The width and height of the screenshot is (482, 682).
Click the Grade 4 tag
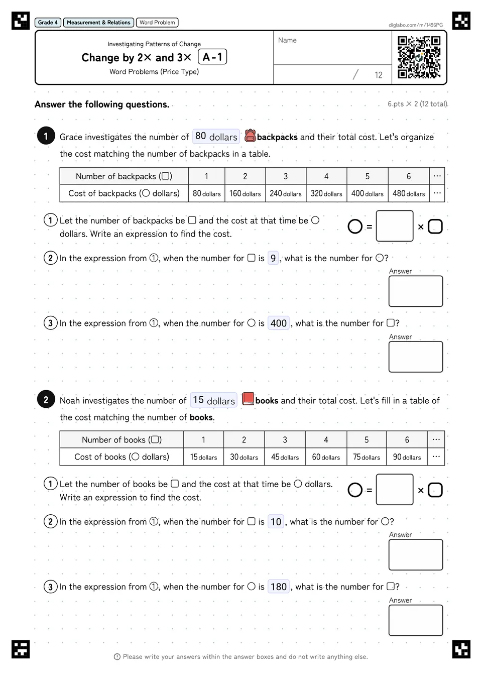point(48,23)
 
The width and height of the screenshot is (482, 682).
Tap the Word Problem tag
point(157,23)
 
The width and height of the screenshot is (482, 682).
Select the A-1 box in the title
point(212,57)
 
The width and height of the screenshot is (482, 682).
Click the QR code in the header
point(419,57)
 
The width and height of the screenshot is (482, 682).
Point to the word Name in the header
point(287,40)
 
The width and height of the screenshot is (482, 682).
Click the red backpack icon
point(250,136)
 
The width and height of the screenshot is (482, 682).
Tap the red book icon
point(248,399)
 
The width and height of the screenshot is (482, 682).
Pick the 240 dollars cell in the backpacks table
point(286,193)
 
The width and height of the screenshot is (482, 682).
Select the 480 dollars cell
point(409,193)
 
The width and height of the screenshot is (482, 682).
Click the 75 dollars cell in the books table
point(367,457)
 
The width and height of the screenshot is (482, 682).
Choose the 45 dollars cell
point(285,457)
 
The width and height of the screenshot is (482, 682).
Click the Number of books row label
point(122,439)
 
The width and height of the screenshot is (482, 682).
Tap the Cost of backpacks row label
point(124,193)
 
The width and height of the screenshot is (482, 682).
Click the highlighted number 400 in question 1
point(279,323)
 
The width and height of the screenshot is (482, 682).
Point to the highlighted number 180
point(279,587)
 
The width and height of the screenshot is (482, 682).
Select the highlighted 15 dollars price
point(213,400)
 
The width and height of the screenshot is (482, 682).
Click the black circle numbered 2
point(46,399)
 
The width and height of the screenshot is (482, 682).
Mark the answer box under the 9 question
point(416,291)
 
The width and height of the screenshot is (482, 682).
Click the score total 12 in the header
point(378,75)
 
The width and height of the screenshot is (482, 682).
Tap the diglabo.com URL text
point(416,25)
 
